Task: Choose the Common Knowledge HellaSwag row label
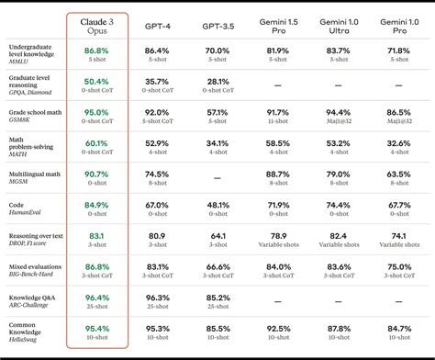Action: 31,332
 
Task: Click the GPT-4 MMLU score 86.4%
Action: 157,51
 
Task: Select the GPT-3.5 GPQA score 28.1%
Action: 217,82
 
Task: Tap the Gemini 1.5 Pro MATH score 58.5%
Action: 278,143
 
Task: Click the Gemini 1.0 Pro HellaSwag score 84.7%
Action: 398,327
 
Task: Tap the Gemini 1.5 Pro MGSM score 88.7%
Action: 278,174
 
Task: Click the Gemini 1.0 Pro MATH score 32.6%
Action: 398,143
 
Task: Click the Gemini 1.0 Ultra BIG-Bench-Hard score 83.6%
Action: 338,266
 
